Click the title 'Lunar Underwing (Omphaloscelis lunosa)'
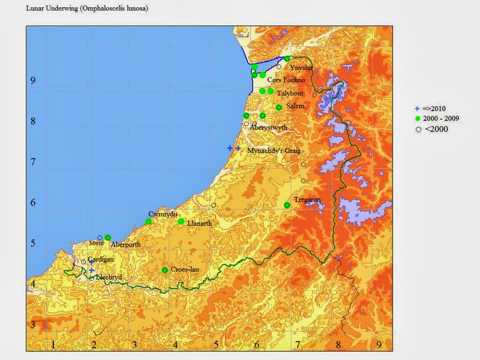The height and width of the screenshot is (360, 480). tap(87, 9)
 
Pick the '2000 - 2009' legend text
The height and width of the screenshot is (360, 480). tap(441, 119)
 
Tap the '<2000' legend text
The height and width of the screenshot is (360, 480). tap(436, 129)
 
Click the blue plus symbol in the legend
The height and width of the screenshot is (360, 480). tap(417, 109)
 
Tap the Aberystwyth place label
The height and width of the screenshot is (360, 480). tap(269, 128)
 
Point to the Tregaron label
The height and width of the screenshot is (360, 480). tap(307, 200)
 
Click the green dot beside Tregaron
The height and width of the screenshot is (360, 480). tap(287, 205)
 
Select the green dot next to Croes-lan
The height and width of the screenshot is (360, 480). tap(165, 270)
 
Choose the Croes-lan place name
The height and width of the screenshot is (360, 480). tap(185, 270)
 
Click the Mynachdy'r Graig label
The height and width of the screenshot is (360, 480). tap(274, 151)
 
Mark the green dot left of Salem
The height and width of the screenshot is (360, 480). tap(279, 107)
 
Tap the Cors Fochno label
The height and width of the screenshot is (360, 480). tap(286, 80)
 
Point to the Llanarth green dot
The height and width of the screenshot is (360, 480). tap(181, 221)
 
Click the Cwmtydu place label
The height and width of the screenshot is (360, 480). tap(162, 214)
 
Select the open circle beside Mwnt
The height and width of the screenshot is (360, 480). tap(100, 238)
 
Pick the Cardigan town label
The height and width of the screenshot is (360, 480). tap(101, 259)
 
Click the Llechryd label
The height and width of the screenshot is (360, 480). tap(109, 277)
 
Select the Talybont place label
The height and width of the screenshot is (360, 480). tap(290, 93)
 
